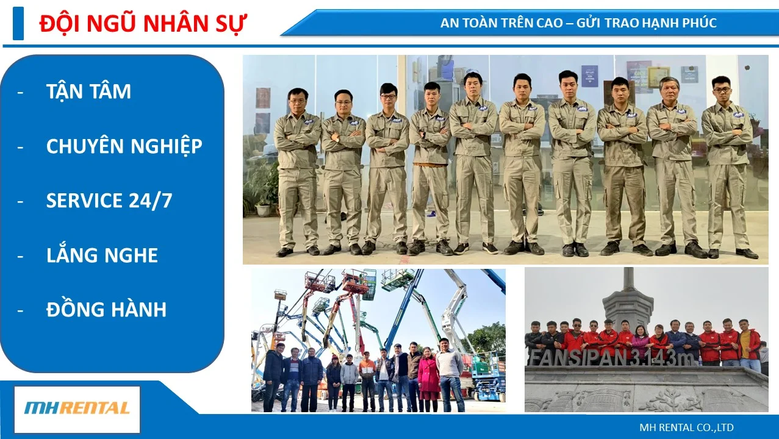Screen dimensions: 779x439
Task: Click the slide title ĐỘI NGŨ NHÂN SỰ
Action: [143, 24]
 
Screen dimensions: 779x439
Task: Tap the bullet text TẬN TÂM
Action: [88, 91]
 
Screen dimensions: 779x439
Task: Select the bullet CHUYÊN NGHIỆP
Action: [124, 146]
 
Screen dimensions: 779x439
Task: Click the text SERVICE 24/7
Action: [109, 201]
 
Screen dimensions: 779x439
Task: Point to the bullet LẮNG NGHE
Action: [102, 254]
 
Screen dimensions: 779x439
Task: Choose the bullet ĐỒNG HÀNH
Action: [106, 309]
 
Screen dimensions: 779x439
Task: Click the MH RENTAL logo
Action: [77, 409]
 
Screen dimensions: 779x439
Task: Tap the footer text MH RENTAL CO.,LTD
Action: [686, 427]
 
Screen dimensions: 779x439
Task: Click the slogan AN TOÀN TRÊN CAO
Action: [501, 23]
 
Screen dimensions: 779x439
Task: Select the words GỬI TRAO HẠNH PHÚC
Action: [647, 23]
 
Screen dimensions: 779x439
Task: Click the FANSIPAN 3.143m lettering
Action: [611, 358]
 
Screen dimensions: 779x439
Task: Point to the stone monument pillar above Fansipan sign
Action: [628, 299]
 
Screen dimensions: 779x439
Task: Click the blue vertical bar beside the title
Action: [18, 23]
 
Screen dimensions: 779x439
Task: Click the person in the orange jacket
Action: [367, 381]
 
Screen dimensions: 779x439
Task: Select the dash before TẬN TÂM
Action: [20, 93]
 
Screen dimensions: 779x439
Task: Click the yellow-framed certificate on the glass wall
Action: [659, 77]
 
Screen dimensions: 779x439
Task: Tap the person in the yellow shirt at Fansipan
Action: [749, 346]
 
